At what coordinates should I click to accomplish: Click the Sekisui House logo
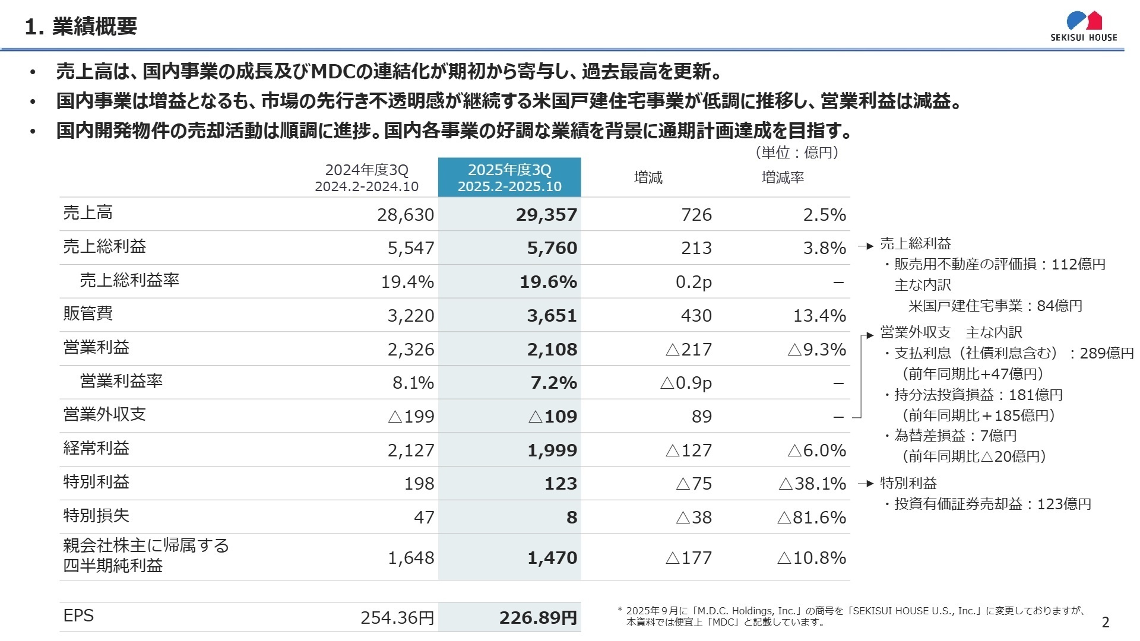coord(1084,27)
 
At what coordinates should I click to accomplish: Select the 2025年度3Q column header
coord(509,177)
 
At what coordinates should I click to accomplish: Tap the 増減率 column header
coord(783,177)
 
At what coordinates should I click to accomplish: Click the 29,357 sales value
coord(546,215)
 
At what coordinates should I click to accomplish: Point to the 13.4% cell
coord(819,316)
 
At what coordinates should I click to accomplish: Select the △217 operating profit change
coord(689,350)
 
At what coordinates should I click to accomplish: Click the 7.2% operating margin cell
coord(553,383)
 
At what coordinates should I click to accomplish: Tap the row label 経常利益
coord(96,448)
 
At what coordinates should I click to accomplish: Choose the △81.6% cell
coord(811,518)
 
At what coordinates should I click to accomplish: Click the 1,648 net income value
coord(411,558)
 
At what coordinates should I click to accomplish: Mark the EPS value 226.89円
coord(538,618)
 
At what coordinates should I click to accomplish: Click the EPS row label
coord(78,615)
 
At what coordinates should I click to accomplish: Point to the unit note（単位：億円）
coord(797,153)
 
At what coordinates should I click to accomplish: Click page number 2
coord(1105,622)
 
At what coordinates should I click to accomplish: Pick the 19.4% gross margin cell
coord(407,282)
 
